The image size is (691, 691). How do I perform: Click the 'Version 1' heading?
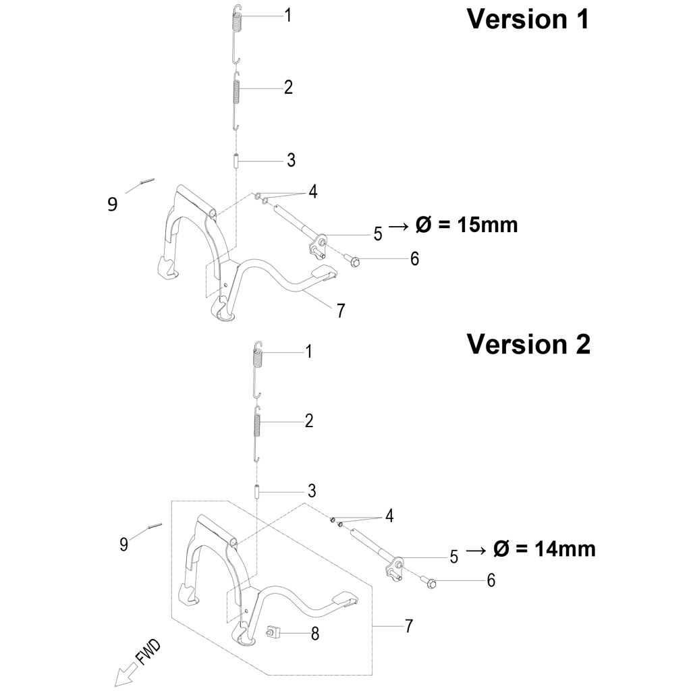point(528,20)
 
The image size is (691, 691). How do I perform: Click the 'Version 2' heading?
point(528,344)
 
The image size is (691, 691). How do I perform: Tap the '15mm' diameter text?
point(487,225)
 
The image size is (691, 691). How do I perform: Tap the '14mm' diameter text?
point(565,549)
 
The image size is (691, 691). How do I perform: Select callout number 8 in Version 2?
point(314,634)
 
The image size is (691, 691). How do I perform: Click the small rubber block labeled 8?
point(273,633)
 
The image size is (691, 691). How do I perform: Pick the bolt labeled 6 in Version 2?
point(428,582)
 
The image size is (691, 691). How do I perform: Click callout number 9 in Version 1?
point(113,204)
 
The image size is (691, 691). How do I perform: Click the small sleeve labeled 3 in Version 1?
point(236,161)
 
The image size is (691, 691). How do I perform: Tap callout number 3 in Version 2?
point(312,491)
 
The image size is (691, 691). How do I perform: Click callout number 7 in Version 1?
point(341,311)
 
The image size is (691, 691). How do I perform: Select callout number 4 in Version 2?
point(389,516)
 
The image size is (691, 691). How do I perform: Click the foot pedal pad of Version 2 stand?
point(345,600)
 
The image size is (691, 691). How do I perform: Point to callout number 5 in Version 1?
point(378,234)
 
